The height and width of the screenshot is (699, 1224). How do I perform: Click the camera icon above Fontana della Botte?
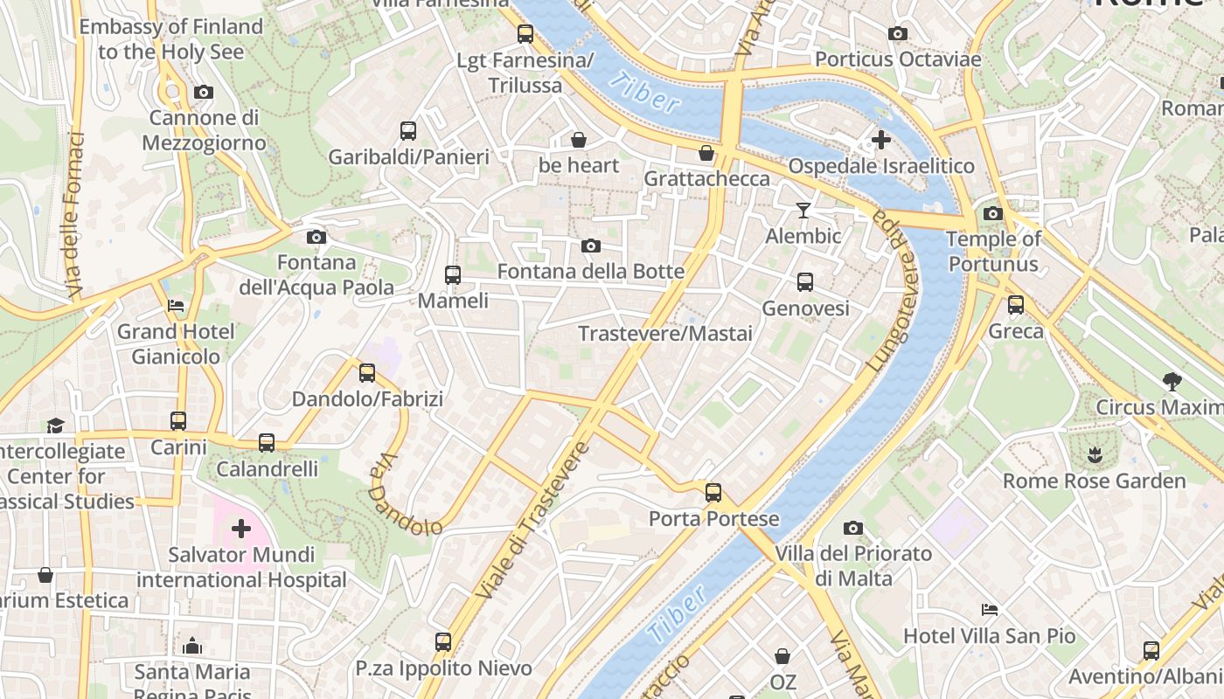coord(591,246)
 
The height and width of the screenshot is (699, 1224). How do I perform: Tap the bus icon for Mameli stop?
coord(452,275)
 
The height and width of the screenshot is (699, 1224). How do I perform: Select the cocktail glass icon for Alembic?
coord(803,210)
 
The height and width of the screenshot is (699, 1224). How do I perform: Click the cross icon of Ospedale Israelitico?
coord(881,139)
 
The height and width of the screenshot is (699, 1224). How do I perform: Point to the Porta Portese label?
coord(713,519)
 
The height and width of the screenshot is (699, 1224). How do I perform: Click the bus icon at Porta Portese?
coord(713,492)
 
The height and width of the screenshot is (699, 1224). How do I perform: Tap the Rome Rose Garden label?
coord(1094,481)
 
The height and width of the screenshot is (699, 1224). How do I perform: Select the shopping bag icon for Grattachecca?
coord(706,154)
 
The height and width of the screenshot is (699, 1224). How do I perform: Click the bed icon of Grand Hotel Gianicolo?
coord(176,306)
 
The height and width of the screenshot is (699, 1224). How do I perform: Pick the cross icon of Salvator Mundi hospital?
coord(240,528)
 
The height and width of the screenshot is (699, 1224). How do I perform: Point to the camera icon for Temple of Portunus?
coord(992,213)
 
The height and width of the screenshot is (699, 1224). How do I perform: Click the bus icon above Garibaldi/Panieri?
coord(408,131)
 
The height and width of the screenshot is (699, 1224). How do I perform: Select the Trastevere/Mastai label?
coord(664,334)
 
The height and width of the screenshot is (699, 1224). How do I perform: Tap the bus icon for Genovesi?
coord(805,282)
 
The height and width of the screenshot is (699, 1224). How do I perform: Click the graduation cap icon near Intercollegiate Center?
coord(56,426)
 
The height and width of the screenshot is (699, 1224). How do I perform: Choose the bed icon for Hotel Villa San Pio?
coord(990,609)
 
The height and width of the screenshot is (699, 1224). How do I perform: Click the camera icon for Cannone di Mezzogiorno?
coord(204,92)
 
